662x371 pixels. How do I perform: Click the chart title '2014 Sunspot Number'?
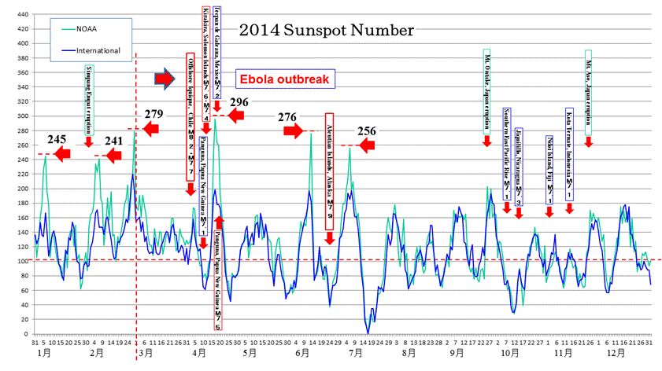(326, 31)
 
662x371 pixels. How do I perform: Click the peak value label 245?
(57, 139)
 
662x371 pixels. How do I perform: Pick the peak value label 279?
(153, 115)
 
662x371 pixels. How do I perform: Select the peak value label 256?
(367, 130)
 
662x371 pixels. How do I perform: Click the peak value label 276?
(287, 117)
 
